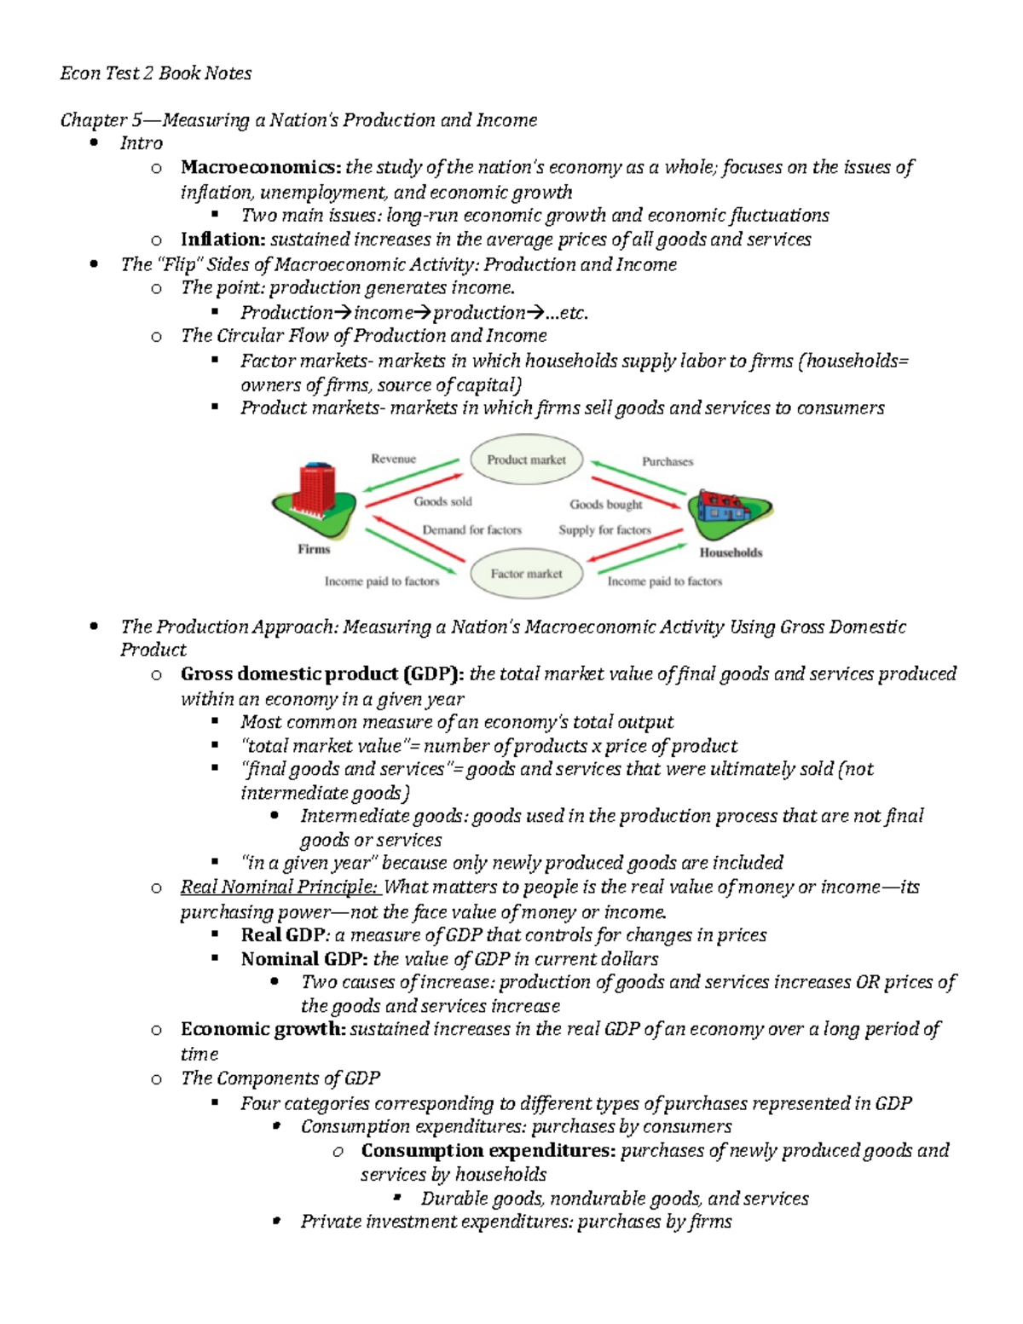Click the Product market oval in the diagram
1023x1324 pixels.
tap(526, 460)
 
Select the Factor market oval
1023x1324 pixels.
tap(526, 574)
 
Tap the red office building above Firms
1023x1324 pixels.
tap(316, 490)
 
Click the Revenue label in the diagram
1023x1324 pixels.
tap(393, 459)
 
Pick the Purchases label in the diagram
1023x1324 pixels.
tap(668, 461)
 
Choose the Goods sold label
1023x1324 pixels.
tap(442, 501)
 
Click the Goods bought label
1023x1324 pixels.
tap(606, 504)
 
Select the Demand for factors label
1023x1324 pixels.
tap(471, 529)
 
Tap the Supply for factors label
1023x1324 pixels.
tap(604, 529)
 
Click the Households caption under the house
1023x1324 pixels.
tap(731, 552)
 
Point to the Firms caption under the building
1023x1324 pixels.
tap(314, 549)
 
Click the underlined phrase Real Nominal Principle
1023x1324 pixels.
tap(278, 887)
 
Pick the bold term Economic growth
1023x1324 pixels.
tap(263, 1029)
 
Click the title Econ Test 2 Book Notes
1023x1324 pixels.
tap(156, 73)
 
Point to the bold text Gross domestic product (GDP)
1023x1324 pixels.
tap(322, 674)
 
